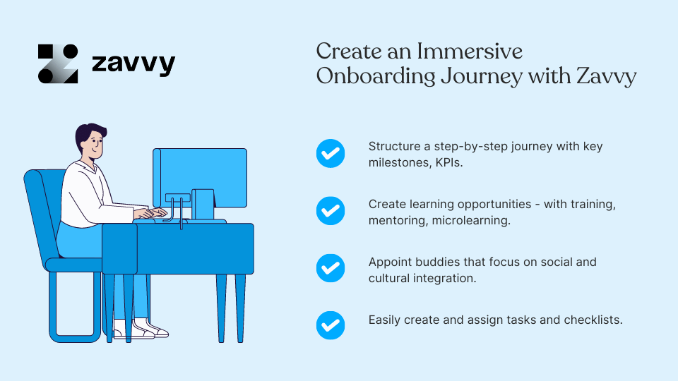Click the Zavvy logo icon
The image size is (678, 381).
pos(58,64)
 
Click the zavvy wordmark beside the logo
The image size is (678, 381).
pos(133,64)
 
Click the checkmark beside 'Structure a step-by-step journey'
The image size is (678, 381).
pos(330,153)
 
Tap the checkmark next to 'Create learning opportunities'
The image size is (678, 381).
pos(330,210)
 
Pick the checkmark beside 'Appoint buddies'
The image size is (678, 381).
pos(330,268)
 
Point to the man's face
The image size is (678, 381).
pos(93,146)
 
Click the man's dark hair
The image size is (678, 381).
pos(90,132)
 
